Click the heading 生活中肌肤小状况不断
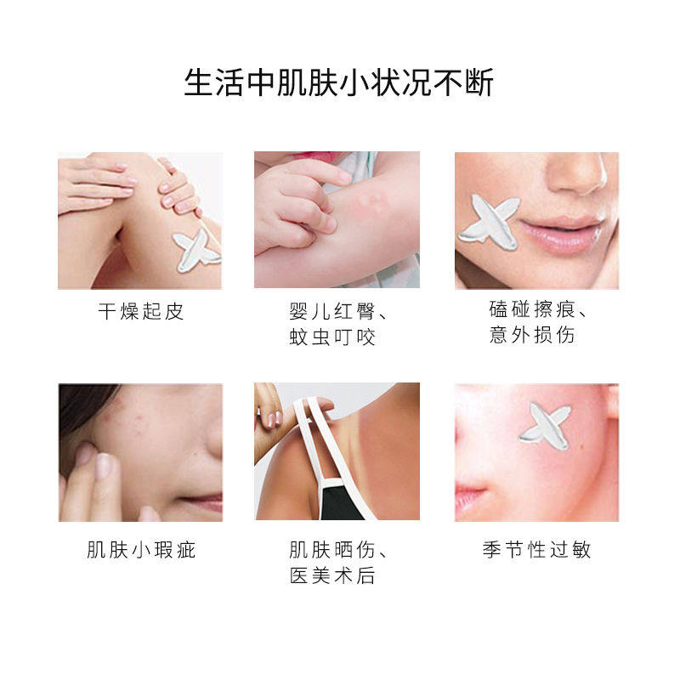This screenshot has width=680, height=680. pyautogui.click(x=339, y=83)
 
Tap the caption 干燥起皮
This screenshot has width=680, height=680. pyautogui.click(x=140, y=312)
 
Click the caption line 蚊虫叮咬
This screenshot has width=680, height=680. pyautogui.click(x=331, y=337)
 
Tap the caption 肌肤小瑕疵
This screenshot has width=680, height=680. pyautogui.click(x=140, y=551)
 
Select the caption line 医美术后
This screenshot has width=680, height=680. pyautogui.click(x=331, y=576)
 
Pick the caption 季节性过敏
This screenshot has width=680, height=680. pyautogui.click(x=536, y=551)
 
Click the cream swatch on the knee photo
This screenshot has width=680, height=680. pyautogui.click(x=196, y=249)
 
